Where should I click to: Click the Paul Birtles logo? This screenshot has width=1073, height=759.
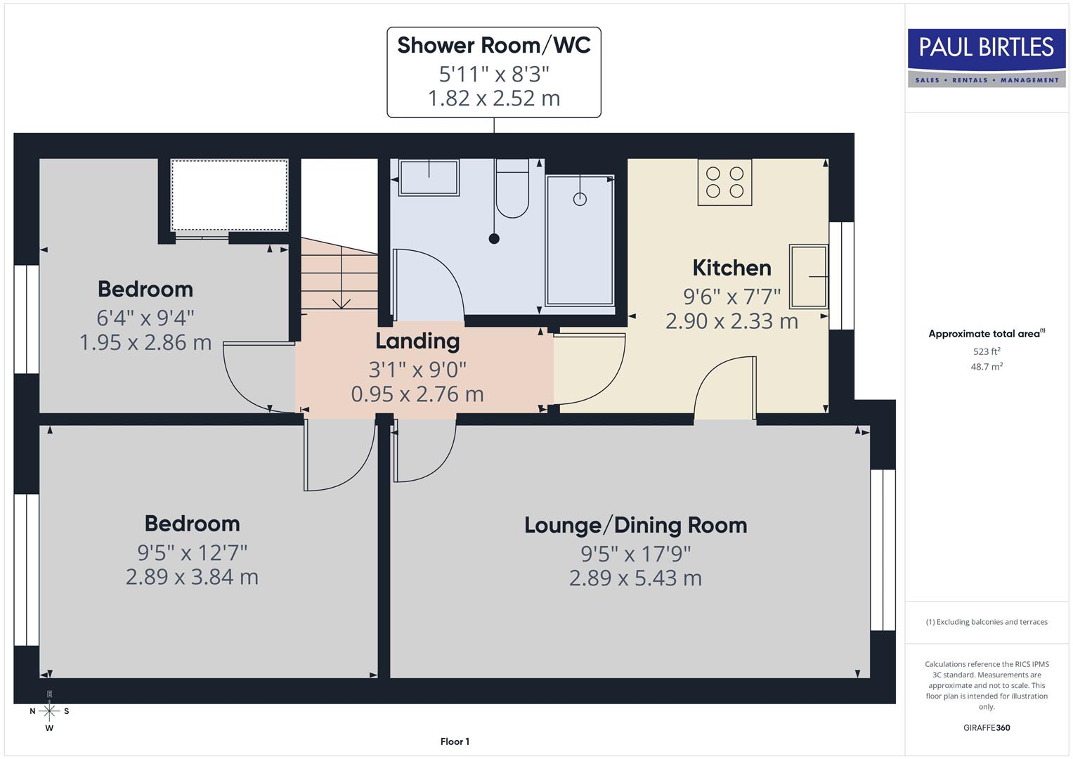[x=987, y=58]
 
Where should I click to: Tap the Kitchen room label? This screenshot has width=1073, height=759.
[x=731, y=268]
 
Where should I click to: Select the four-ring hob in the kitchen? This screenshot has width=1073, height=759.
[x=724, y=182]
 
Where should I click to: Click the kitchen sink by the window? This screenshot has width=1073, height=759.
[x=808, y=276]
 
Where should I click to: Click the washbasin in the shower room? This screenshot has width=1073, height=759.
[x=429, y=178]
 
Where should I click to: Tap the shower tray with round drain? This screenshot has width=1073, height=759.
[x=580, y=240]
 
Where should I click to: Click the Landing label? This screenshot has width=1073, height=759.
[x=417, y=341]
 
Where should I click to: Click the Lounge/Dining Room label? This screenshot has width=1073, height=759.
[x=635, y=525]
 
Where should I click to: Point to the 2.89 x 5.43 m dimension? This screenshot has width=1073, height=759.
[x=635, y=578]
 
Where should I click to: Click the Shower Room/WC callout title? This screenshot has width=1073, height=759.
[x=494, y=45]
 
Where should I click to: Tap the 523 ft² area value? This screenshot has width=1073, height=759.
[x=987, y=351]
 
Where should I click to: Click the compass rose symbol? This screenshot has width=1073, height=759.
[x=49, y=711]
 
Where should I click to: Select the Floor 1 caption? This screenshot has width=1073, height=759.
[x=455, y=741]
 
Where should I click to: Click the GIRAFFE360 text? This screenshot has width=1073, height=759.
[x=987, y=727]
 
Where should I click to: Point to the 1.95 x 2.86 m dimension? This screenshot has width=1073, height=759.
[x=145, y=343]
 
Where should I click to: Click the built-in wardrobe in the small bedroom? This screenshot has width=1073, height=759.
[x=230, y=195]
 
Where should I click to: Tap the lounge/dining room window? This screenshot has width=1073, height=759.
[x=883, y=550]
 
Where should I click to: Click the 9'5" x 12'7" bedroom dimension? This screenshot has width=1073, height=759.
[x=192, y=552]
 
